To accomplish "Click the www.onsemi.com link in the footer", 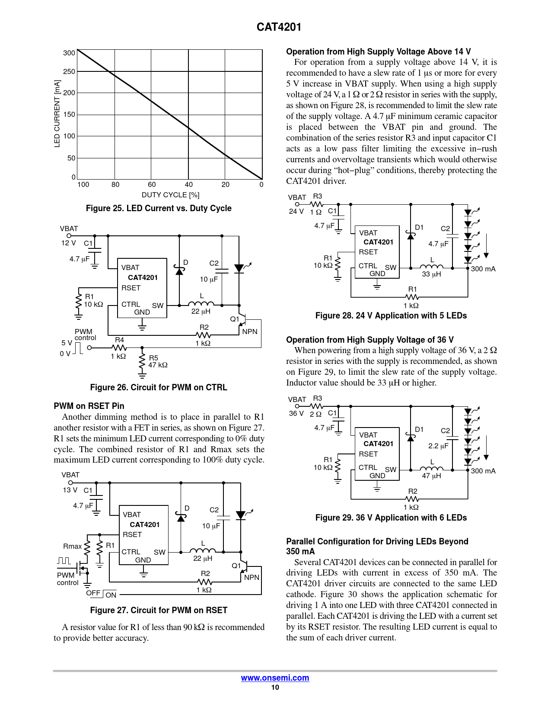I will click(275, 678).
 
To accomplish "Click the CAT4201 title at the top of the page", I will click(279, 27).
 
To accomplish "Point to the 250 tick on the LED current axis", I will click(69, 71).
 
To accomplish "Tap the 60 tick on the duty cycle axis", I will click(152, 185).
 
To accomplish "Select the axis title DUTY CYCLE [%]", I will click(170, 195).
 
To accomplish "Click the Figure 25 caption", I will click(159, 208).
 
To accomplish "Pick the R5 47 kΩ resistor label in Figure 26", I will click(157, 362).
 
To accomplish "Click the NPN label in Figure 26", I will click(250, 332).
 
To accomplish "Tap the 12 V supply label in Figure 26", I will click(68, 243).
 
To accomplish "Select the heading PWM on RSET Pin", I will click(89, 406).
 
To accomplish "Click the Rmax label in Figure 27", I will click(72, 546).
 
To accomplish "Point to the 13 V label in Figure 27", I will click(70, 490).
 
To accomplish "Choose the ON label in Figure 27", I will click(111, 595).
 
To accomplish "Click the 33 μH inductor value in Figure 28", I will click(431, 274).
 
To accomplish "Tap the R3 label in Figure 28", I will click(317, 196).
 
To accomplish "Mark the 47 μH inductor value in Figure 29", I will click(431, 476).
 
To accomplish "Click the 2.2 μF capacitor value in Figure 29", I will click(438, 446).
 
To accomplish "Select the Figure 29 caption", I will click(391, 518).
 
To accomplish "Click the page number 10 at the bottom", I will click(275, 687).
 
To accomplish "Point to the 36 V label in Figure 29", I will click(296, 414).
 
